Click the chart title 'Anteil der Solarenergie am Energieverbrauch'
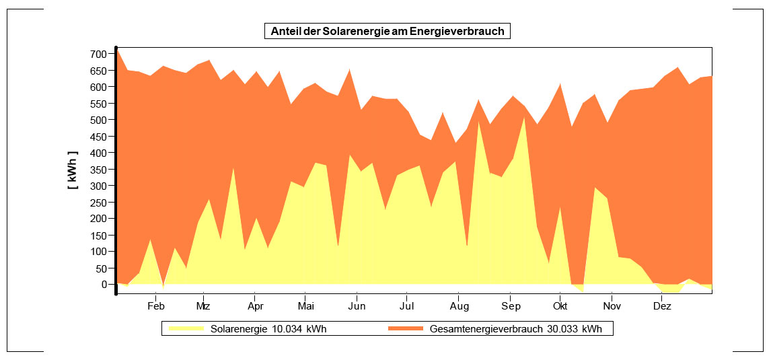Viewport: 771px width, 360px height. tap(387, 31)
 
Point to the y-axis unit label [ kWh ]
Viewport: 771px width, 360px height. tap(73, 170)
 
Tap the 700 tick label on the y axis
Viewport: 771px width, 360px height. tap(99, 54)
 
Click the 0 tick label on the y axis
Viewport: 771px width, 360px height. tap(104, 284)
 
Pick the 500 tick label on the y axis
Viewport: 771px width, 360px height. tap(99, 120)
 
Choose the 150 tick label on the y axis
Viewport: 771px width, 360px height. tap(99, 235)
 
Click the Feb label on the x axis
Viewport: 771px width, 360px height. tap(156, 306)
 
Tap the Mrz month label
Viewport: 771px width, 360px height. tap(203, 306)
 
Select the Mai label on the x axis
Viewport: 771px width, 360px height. tap(305, 306)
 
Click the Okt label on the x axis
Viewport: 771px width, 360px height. tap(560, 306)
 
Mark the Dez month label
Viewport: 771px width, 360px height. tap(663, 306)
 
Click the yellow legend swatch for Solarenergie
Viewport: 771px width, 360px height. tap(185, 329)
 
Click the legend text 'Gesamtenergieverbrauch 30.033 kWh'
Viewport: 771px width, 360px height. tap(515, 329)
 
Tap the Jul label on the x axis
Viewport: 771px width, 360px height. tap(406, 306)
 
